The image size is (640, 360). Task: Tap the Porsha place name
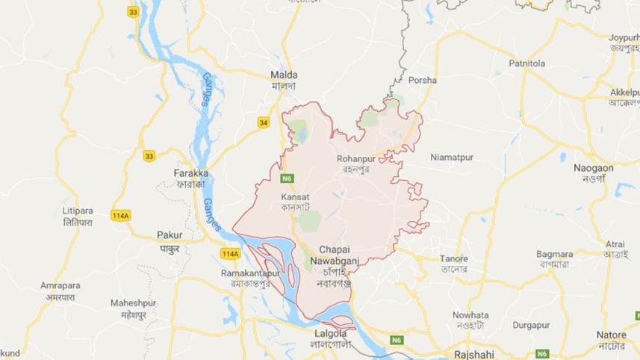pyautogui.click(x=423, y=80)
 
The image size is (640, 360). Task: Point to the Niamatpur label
pyautogui.click(x=453, y=158)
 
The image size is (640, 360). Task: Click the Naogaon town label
pyautogui.click(x=593, y=169)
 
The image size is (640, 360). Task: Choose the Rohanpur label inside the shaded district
pyautogui.click(x=358, y=158)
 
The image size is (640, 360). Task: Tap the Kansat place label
pyautogui.click(x=294, y=197)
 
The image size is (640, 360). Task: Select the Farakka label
pyautogui.click(x=191, y=173)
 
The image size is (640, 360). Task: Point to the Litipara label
pyautogui.click(x=78, y=211)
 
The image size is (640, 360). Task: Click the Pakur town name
pyautogui.click(x=170, y=235)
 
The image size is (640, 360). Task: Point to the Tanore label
pyautogui.click(x=453, y=259)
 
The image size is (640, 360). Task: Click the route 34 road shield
pyautogui.click(x=263, y=122)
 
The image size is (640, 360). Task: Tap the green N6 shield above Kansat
pyautogui.click(x=287, y=179)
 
